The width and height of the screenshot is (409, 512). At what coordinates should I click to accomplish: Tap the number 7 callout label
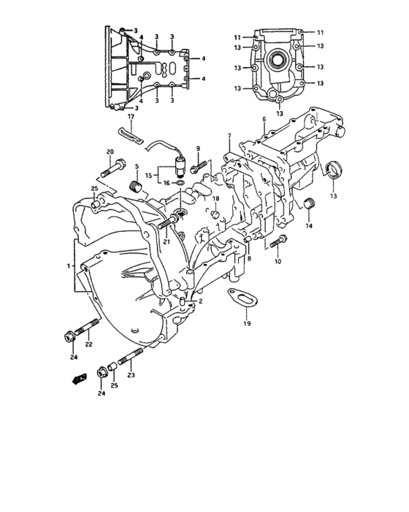click(x=229, y=137)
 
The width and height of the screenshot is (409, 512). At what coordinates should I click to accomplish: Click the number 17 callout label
click(x=131, y=116)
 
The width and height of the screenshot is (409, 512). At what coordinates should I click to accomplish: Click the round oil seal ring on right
click(x=333, y=170)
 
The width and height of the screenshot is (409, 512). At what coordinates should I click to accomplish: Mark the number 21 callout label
click(x=167, y=242)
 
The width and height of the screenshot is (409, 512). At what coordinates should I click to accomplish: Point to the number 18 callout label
click(x=215, y=199)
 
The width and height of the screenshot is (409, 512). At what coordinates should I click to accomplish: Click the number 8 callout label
click(x=249, y=258)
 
